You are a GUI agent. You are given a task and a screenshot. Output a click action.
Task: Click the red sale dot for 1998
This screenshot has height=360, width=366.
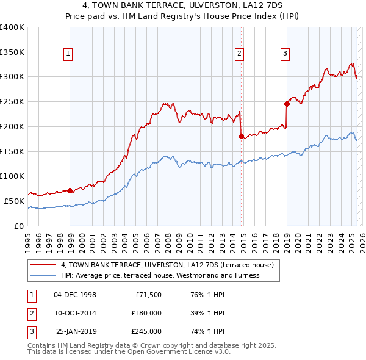tap(70, 190)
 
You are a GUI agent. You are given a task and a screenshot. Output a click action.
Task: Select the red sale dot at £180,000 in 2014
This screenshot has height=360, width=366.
tap(241, 136)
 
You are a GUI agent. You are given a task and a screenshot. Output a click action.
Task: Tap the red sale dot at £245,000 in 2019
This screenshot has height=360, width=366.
tap(287, 104)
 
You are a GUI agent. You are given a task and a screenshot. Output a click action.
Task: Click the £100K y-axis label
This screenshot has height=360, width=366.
tap(12, 176)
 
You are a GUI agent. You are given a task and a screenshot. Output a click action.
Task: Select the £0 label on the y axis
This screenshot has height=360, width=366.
tap(18, 226)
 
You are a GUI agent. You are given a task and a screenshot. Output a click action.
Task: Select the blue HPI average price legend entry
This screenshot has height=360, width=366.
tap(160, 275)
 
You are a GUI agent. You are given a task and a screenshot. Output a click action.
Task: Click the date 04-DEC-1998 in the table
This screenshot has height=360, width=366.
tap(75, 295)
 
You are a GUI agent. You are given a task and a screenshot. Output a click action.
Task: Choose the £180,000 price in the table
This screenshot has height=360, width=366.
tap(146, 313)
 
